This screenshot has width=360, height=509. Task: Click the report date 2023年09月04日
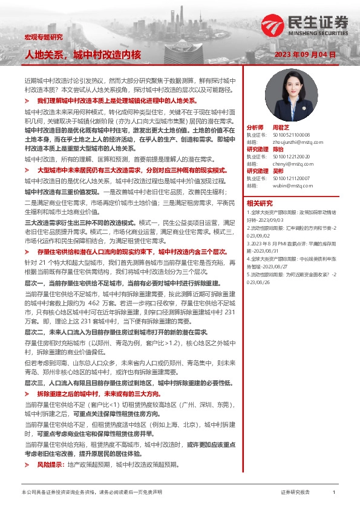point(305,54)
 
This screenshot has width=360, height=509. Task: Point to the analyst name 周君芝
point(282,128)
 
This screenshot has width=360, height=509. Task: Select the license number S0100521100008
point(291,135)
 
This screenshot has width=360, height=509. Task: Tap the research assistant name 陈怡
point(278,149)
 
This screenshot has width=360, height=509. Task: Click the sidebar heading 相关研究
point(260,203)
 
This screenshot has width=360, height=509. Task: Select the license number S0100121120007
point(291,178)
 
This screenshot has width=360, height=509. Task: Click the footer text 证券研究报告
point(296,493)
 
